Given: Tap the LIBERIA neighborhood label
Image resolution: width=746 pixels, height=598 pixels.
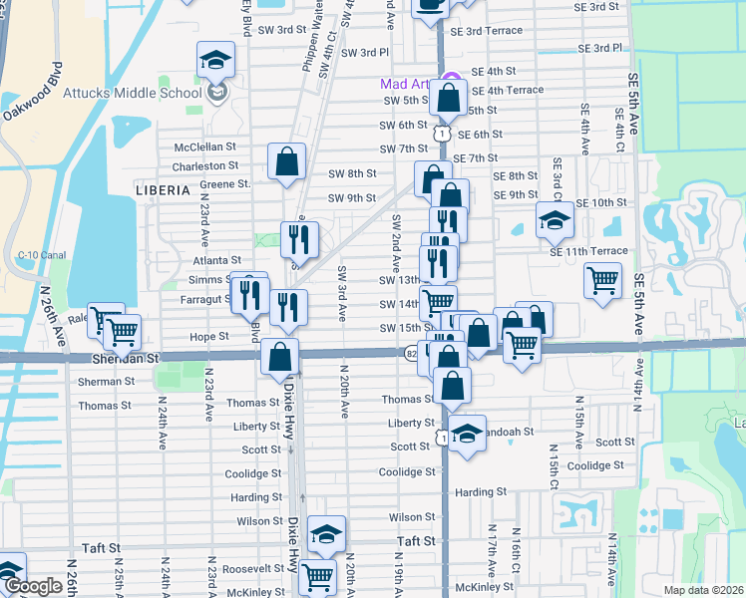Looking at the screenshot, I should coord(162,189).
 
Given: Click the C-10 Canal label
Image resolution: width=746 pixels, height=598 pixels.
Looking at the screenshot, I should coord(41,255).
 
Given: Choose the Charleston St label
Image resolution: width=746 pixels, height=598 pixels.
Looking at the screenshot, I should coord(205,165).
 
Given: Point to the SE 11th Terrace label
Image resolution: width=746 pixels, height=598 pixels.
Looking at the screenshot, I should coord(588,251).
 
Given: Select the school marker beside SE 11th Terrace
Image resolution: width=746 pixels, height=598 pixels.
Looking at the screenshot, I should coord(555,219).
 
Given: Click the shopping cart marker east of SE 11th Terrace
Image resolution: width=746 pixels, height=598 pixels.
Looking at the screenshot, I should coord(602,280).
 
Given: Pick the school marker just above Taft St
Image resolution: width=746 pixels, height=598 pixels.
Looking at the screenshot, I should coord(326,533).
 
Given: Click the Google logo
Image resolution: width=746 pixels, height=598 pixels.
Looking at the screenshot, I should coord(33,587).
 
